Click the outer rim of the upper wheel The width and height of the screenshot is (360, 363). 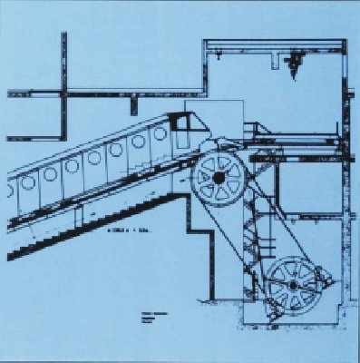coord(218,152)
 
